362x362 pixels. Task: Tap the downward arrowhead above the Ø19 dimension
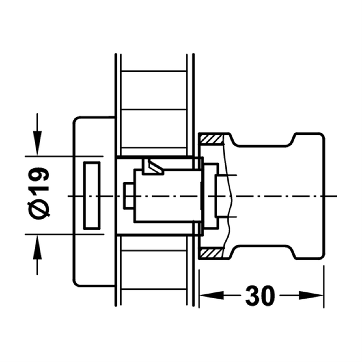tap(37, 143)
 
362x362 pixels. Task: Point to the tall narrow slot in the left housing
tap(92, 195)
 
